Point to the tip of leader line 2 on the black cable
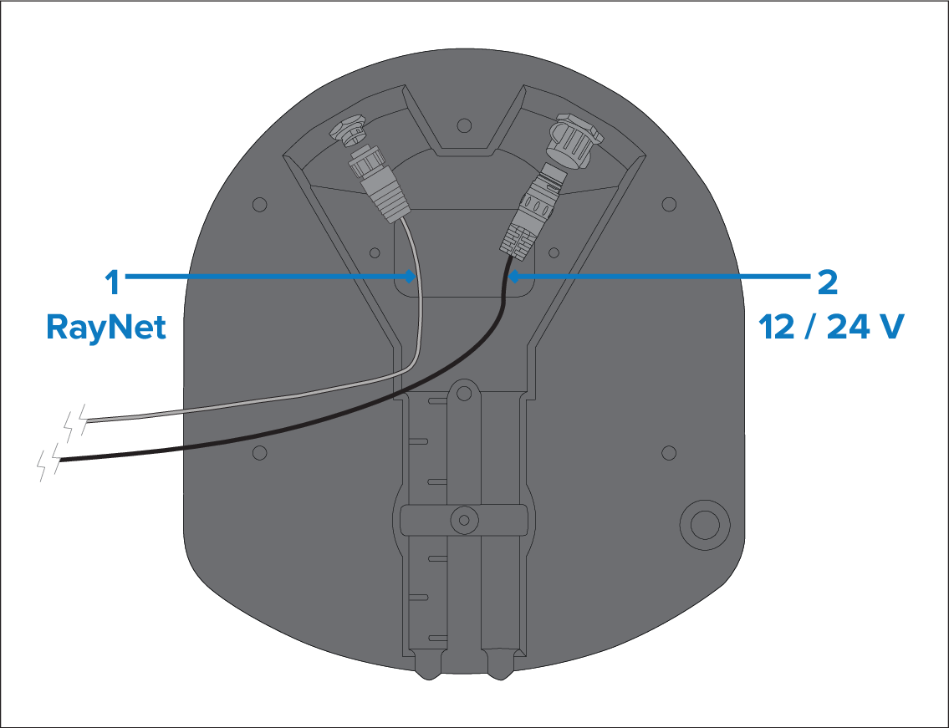pyautogui.click(x=508, y=277)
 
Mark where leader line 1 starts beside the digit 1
pyautogui.click(x=125, y=277)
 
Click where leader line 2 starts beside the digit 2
pyautogui.click(x=810, y=277)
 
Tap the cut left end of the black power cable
pyautogui.click(x=60, y=461)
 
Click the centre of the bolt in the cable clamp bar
pyautogui.click(x=464, y=520)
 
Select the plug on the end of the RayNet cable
pyautogui.click(x=380, y=183)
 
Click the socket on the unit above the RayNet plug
pyautogui.click(x=348, y=130)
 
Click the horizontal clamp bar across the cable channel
pyautogui.click(x=463, y=520)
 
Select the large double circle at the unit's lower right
pyautogui.click(x=705, y=525)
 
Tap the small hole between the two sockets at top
pyautogui.click(x=464, y=125)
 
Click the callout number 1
pyautogui.click(x=112, y=283)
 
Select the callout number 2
pyautogui.click(x=828, y=283)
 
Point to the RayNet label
pyautogui.click(x=106, y=328)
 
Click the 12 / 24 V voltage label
pyautogui.click(x=831, y=327)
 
